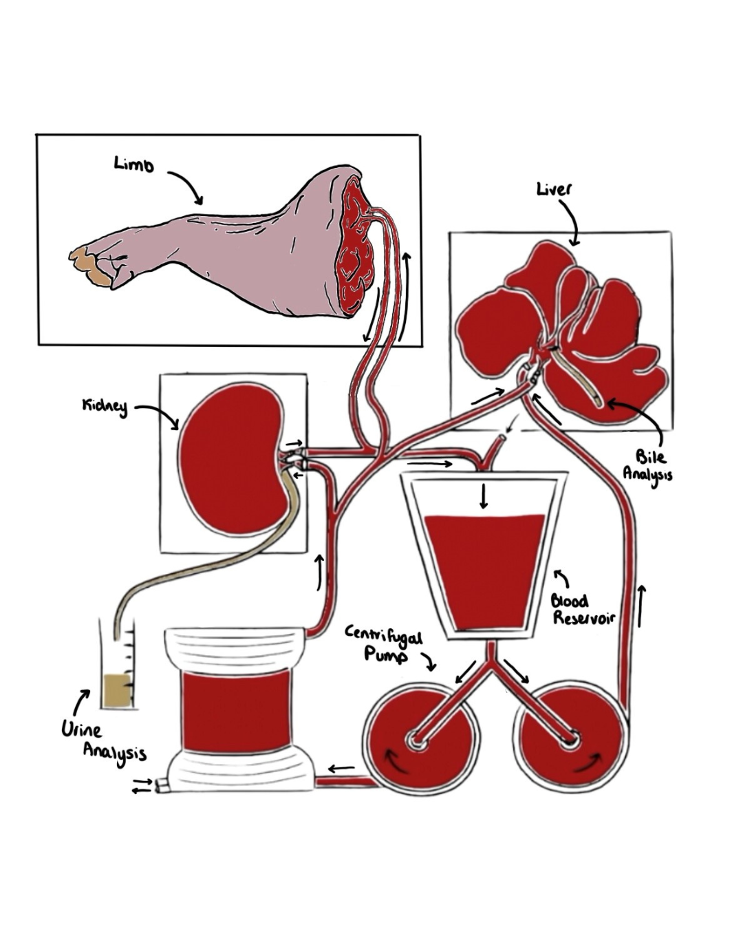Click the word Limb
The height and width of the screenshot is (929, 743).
pyautogui.click(x=134, y=164)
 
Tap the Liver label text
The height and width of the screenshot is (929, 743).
pyautogui.click(x=554, y=189)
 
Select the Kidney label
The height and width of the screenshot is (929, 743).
pyautogui.click(x=105, y=406)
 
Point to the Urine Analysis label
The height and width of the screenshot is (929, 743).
pyautogui.click(x=103, y=740)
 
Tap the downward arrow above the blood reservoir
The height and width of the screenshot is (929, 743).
pyautogui.click(x=484, y=495)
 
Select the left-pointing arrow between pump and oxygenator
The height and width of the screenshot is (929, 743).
pyautogui.click(x=342, y=768)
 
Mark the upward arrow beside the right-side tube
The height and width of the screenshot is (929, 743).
pyautogui.click(x=642, y=606)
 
